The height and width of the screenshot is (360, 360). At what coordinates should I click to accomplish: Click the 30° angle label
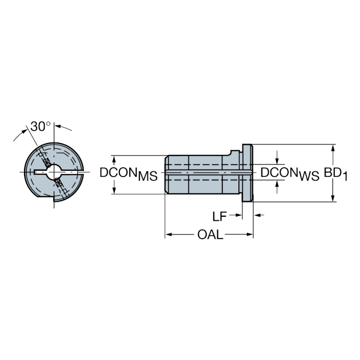pyautogui.click(x=40, y=126)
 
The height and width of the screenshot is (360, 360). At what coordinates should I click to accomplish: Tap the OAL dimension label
pyautogui.click(x=210, y=235)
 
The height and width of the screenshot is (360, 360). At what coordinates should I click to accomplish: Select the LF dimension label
pyautogui.click(x=219, y=216)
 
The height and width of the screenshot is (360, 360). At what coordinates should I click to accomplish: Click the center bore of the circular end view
pyautogui.click(x=54, y=171)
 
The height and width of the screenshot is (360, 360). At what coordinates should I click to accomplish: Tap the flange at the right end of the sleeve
pyautogui.click(x=247, y=173)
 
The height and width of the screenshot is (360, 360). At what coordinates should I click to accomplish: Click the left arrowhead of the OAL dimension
pyautogui.click(x=169, y=234)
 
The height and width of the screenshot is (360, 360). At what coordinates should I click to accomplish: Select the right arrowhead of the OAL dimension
pyautogui.click(x=249, y=234)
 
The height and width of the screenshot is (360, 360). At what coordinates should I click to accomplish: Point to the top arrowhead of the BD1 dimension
pyautogui.click(x=333, y=148)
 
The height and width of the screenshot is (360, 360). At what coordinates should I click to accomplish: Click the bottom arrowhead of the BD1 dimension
pyautogui.click(x=333, y=198)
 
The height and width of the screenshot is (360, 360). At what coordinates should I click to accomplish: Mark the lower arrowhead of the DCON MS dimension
pyautogui.click(x=114, y=191)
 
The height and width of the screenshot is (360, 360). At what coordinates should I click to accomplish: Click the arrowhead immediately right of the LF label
pyautogui.click(x=238, y=215)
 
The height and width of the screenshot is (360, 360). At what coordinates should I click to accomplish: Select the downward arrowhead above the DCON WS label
pyautogui.click(x=277, y=161)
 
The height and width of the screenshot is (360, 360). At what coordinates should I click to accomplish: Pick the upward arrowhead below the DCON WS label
pyautogui.click(x=277, y=184)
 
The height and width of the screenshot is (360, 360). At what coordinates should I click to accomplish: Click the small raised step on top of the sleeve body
pyautogui.click(x=235, y=153)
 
